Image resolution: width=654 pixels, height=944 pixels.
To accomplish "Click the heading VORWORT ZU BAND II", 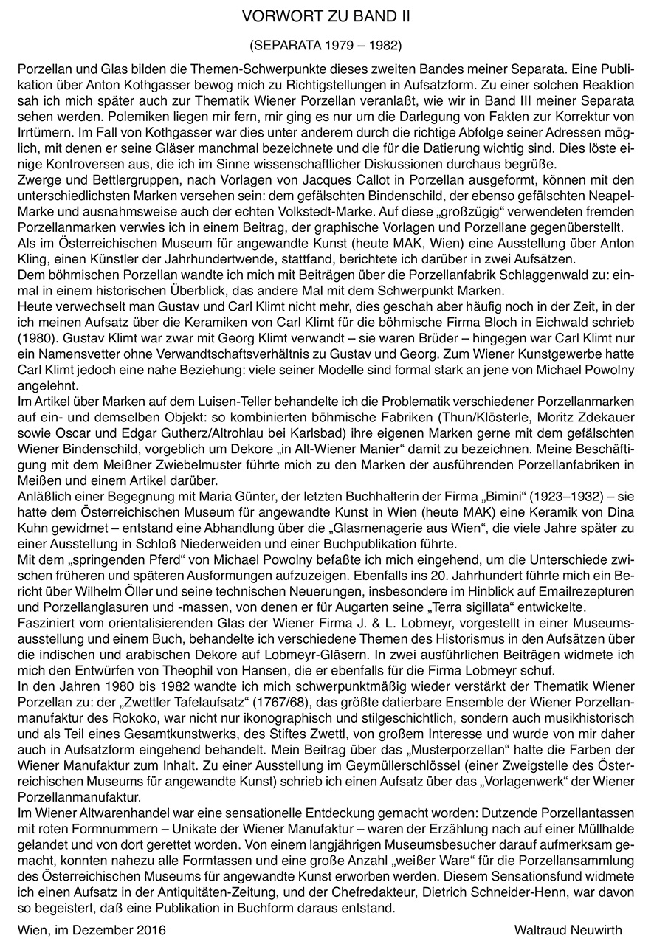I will [x=327, y=15].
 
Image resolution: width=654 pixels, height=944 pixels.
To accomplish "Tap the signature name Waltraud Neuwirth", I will [x=568, y=929].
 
